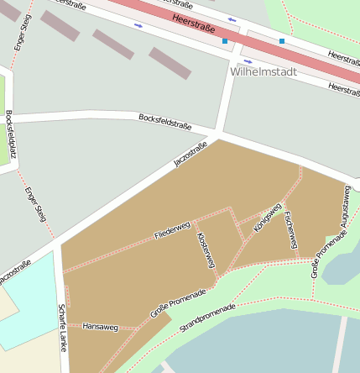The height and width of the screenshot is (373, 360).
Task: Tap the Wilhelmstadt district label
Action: pyautogui.click(x=263, y=72)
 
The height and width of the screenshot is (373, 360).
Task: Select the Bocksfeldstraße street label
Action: pyautogui.click(x=165, y=122)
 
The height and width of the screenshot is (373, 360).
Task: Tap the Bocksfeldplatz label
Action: pyautogui.click(x=9, y=134)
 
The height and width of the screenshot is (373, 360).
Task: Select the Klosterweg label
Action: pyautogui.click(x=206, y=250)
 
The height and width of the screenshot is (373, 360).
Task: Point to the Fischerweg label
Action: pyautogui.click(x=290, y=229)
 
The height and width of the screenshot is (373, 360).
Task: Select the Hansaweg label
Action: pyautogui.click(x=100, y=326)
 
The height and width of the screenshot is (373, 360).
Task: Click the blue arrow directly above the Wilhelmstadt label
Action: pyautogui.click(x=247, y=61)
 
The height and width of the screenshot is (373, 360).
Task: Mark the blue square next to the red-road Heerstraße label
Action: pyautogui.click(x=224, y=39)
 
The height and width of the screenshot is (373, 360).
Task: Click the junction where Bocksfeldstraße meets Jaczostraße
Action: pyautogui.click(x=217, y=134)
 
